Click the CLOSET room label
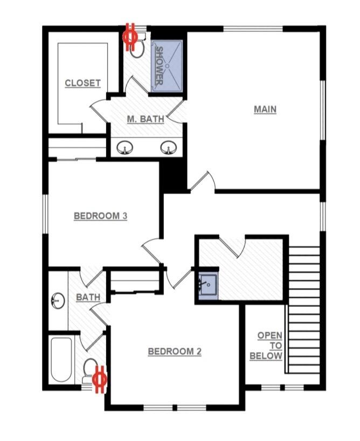82,83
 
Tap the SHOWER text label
160,66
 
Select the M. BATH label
146,119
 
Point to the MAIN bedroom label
265,109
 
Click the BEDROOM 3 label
100,216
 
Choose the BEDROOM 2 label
175,352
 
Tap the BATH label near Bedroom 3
88,297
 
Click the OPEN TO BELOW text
269,346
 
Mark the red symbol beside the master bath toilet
130,36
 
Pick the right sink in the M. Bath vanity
168,147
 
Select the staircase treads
304,309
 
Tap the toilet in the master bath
138,47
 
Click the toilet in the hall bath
90,369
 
